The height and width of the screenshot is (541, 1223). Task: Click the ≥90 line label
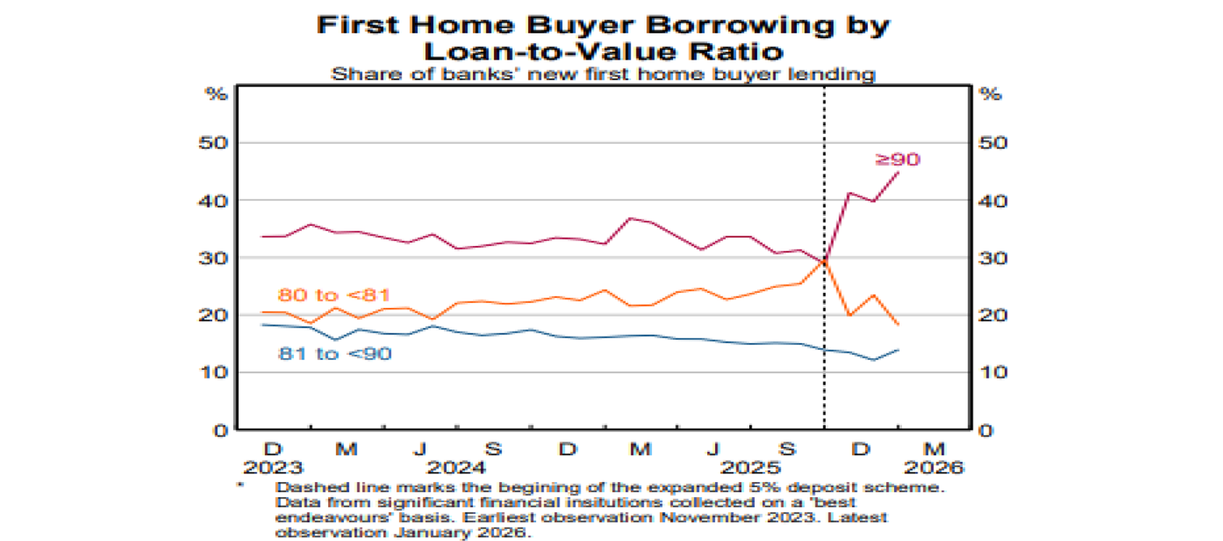click(897, 160)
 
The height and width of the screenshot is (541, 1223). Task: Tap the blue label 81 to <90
click(334, 353)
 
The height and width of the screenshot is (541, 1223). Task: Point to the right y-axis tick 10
click(994, 372)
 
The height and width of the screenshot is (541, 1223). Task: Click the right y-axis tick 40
click(994, 200)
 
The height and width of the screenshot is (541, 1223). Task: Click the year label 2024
click(456, 466)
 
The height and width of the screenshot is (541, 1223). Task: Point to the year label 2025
click(752, 466)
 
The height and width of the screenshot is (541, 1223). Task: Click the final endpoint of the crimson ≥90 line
click(899, 172)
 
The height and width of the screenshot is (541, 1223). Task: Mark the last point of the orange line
click(899, 325)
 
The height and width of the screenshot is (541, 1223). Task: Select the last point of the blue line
click(899, 349)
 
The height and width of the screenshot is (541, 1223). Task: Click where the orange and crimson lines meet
click(824, 261)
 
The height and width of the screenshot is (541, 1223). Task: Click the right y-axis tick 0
click(988, 430)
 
